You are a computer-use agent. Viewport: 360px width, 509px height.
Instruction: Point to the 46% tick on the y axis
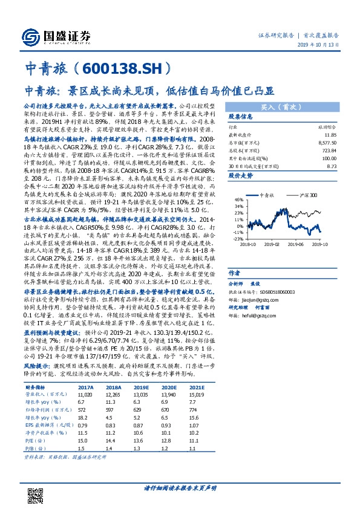click(238, 199)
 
